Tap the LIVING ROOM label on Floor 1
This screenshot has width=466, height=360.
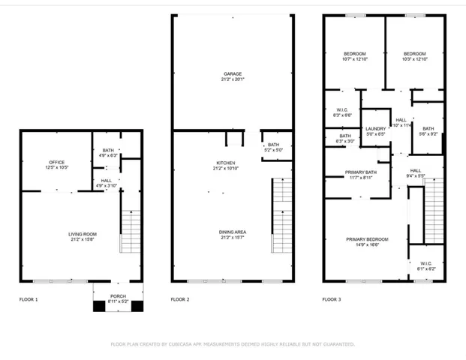click(x=83, y=234)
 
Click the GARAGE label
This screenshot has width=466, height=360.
click(x=232, y=73)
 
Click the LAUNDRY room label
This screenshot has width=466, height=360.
click(x=375, y=128)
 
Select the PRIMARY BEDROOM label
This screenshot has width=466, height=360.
click(x=362, y=239)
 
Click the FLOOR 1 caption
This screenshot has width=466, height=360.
click(x=29, y=299)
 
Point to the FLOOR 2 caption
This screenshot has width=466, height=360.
click(x=180, y=299)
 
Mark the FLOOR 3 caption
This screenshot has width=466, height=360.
click(x=331, y=299)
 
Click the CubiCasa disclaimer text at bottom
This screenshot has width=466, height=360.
click(x=233, y=344)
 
